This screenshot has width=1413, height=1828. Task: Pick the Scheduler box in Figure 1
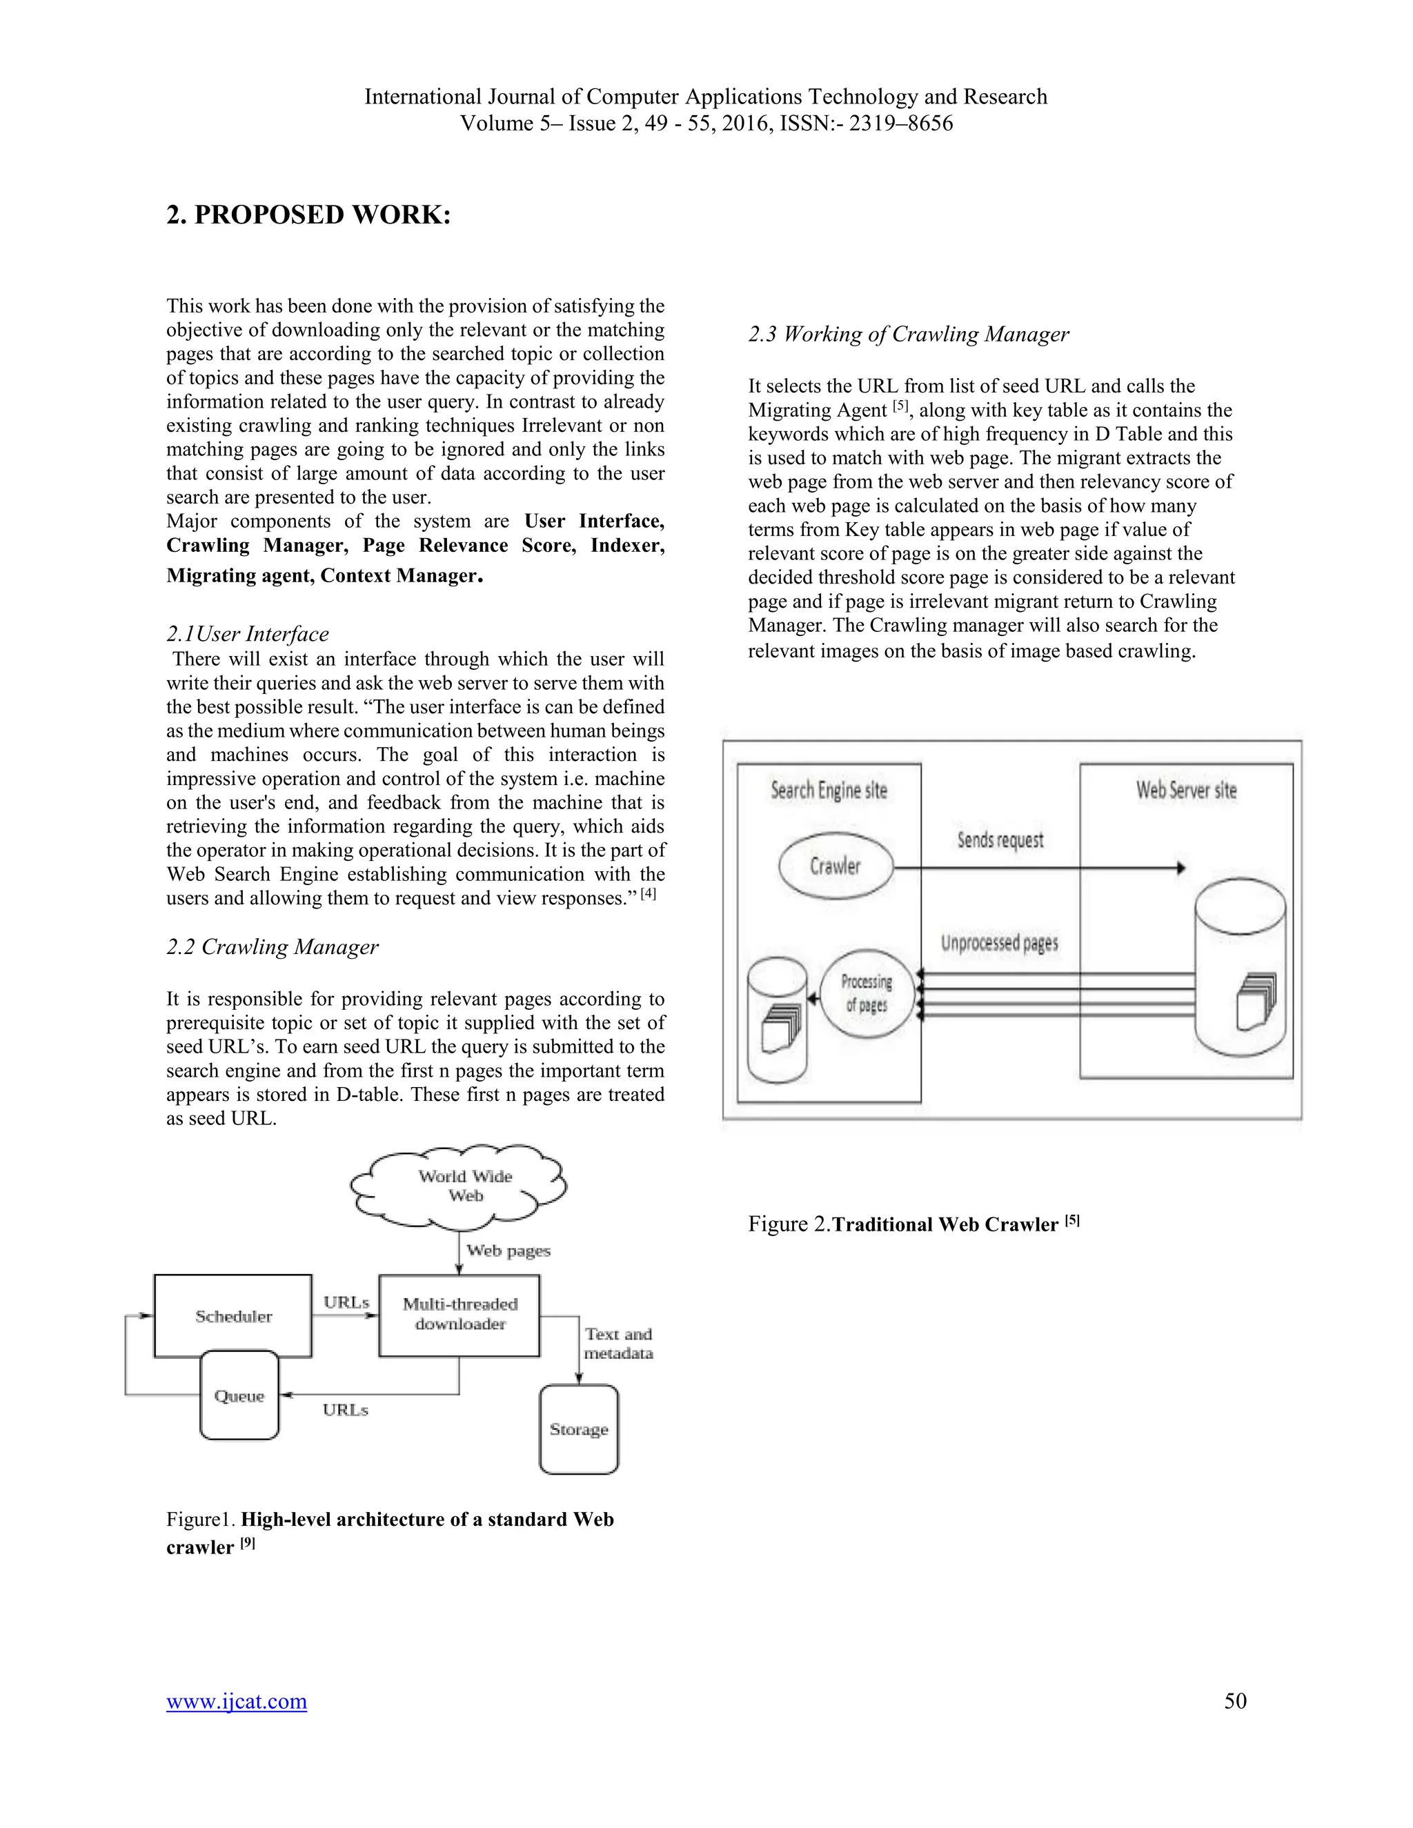[234, 1315]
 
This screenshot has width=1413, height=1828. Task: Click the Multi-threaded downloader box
[460, 1314]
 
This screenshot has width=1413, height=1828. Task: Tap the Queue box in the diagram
[239, 1395]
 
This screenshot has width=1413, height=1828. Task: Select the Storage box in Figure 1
[578, 1429]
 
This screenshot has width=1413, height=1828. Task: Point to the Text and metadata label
[617, 1342]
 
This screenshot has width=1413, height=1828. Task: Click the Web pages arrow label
[508, 1251]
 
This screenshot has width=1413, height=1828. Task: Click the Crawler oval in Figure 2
[836, 866]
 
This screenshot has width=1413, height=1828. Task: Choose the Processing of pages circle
[867, 993]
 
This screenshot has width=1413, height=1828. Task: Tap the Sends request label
[1000, 840]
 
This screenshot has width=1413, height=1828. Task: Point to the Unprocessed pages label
[1000, 943]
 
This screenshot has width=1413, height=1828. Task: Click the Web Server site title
[1185, 790]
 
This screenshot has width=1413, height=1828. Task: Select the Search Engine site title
[829, 790]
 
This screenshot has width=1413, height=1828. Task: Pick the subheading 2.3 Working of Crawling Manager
[908, 334]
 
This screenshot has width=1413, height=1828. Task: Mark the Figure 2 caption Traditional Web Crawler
[913, 1224]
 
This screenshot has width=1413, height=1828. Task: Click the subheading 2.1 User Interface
[247, 634]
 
